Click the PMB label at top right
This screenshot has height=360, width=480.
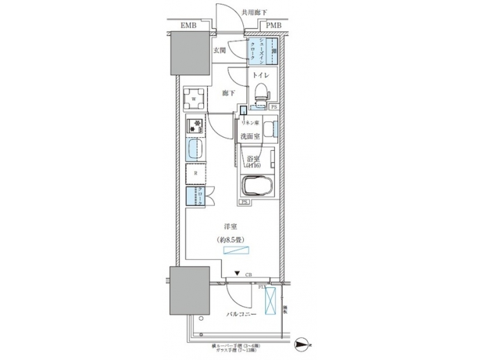point(274,26)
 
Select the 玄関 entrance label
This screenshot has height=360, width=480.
point(221,50)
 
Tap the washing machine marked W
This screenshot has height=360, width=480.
point(194,99)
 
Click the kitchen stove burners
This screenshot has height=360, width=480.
point(195,125)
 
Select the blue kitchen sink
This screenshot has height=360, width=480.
point(194,150)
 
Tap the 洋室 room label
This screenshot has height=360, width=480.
point(231,227)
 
